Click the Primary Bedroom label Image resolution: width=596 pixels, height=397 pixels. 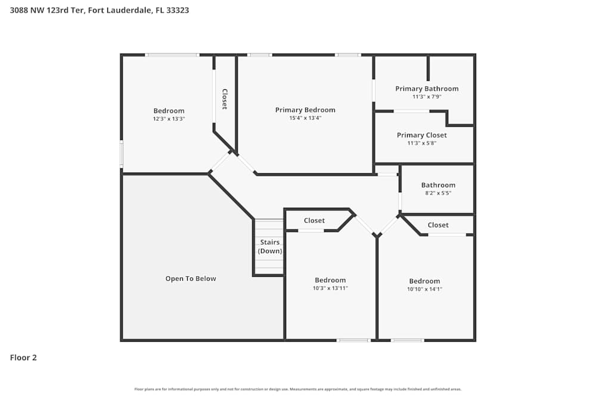click(305, 110)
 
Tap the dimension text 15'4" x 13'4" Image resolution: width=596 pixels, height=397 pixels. click(305, 118)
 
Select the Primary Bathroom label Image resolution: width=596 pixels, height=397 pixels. click(427, 89)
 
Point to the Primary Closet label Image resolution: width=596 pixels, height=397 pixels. click(422, 135)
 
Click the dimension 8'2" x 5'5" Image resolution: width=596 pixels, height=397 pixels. click(438, 193)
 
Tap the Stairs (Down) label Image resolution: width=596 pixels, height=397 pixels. click(269, 246)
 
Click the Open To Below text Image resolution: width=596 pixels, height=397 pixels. click(191, 279)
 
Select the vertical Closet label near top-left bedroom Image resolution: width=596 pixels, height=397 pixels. click(225, 99)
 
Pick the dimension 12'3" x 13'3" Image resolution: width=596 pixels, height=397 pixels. click(169, 119)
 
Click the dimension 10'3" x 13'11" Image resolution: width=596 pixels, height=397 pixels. click(330, 288)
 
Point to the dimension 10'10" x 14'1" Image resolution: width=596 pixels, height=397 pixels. click(424, 289)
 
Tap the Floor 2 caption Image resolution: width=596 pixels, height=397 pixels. click(23, 358)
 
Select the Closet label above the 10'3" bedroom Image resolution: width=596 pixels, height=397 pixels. click(314, 220)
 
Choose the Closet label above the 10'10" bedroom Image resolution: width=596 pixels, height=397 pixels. click(438, 225)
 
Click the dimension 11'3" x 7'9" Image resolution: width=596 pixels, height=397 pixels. click(427, 96)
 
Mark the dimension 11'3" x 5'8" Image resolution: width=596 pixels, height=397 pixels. click(422, 143)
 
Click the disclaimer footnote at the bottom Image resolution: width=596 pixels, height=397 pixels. click(297, 389)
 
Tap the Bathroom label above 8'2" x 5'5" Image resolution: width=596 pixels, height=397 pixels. click(438, 185)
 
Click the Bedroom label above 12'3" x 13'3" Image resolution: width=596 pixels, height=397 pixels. click(169, 111)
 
